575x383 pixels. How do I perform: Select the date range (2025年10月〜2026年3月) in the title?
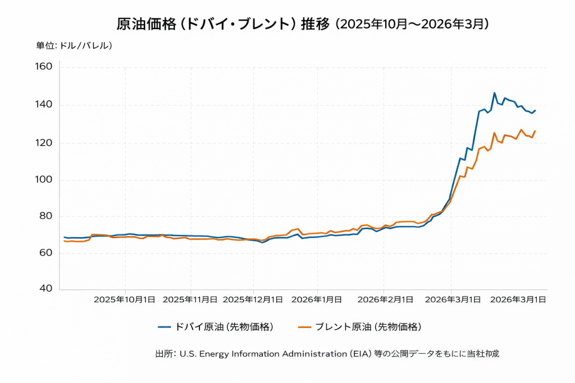(x=413, y=24)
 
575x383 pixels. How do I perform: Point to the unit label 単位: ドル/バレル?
(x=74, y=45)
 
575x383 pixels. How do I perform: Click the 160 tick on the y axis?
(x=44, y=67)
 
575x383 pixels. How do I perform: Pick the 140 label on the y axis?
(x=44, y=105)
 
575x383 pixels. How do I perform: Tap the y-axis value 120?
(x=44, y=143)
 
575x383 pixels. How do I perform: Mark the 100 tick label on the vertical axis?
(x=44, y=180)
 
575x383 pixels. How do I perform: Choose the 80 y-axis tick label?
(x=45, y=216)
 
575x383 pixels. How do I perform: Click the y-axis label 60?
(x=45, y=253)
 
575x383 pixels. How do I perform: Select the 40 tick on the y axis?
(x=45, y=289)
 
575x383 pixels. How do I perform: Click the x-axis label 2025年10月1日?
(x=124, y=299)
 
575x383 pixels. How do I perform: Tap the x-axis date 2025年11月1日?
(x=190, y=299)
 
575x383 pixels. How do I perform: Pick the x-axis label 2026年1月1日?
(x=316, y=299)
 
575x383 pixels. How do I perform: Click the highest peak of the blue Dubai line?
(x=494, y=93)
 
